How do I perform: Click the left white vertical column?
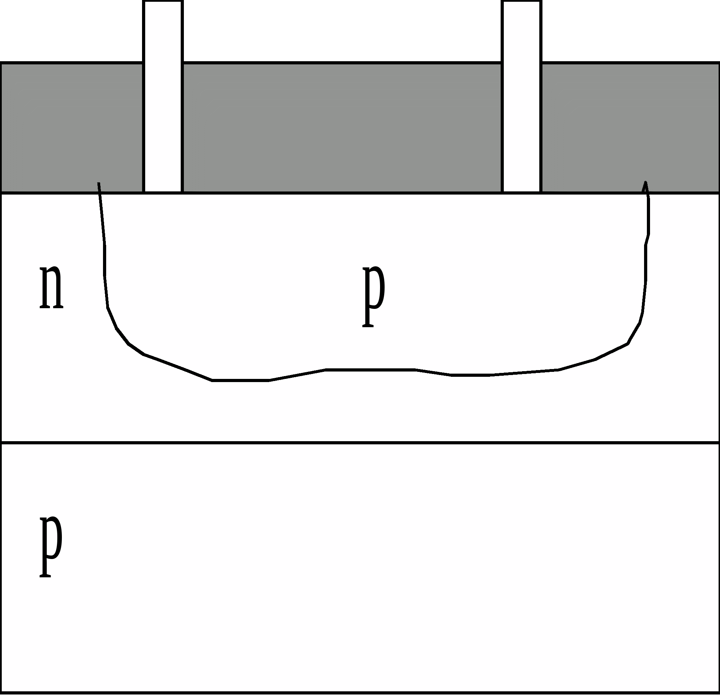tap(163, 96)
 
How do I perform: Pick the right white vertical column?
tap(521, 96)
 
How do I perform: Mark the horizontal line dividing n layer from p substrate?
tap(360, 443)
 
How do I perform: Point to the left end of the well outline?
tap(98, 183)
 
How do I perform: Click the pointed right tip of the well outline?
tap(645, 182)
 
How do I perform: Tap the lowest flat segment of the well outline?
tap(240, 380)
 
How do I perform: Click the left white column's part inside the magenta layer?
tap(163, 31)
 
